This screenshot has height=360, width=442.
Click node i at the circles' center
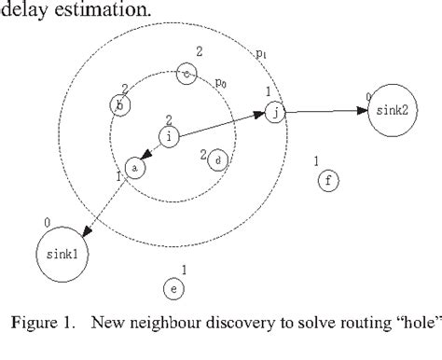click(x=169, y=137)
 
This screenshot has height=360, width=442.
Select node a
click(x=134, y=168)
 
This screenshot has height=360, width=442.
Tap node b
click(x=119, y=105)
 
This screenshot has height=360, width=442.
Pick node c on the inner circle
click(x=187, y=74)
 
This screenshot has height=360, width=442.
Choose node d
click(x=217, y=159)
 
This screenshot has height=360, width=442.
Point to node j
click(x=274, y=113)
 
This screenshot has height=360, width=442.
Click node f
click(x=328, y=181)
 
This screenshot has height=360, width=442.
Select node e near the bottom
click(x=173, y=289)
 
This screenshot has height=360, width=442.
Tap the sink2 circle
click(x=387, y=112)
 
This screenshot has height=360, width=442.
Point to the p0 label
click(x=221, y=83)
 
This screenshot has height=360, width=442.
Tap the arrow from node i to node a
click(x=152, y=152)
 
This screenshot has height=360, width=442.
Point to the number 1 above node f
click(x=317, y=161)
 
